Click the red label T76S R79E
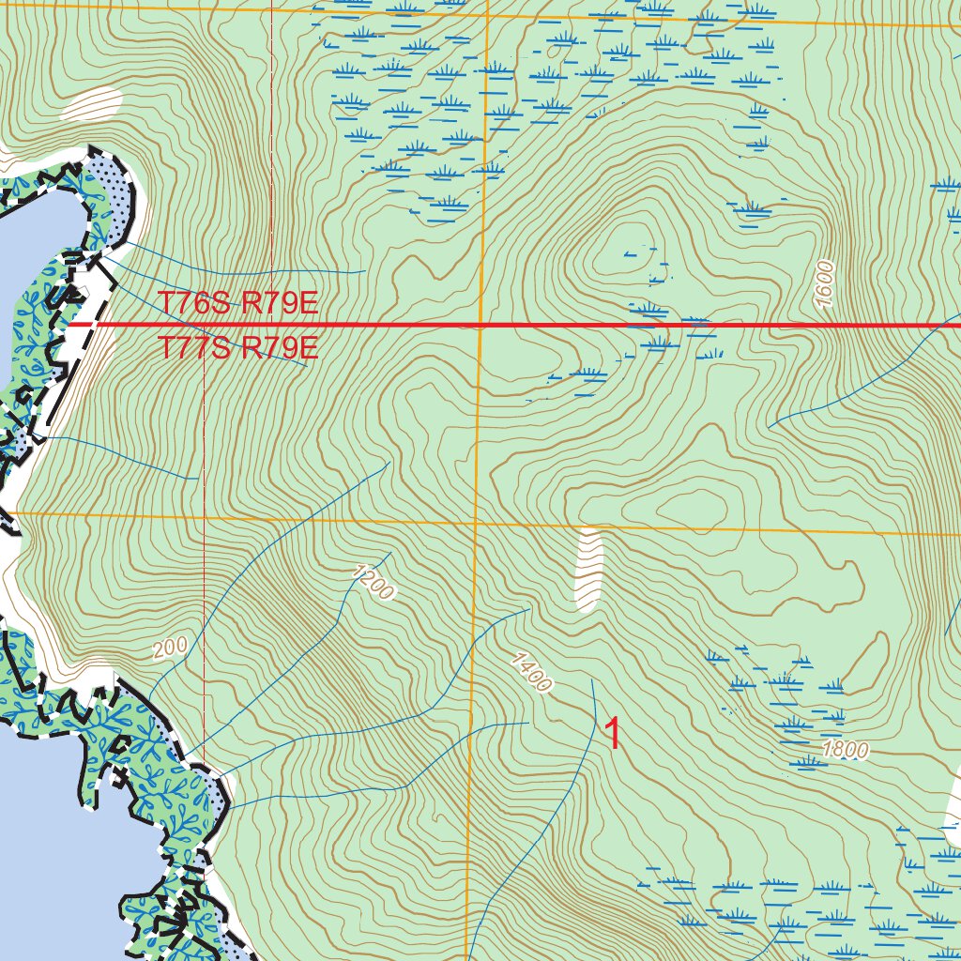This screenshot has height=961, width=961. point(238,304)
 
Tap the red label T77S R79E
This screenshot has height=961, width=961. point(238,349)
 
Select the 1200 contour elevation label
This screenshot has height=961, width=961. point(374,582)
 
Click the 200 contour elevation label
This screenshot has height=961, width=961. point(170,648)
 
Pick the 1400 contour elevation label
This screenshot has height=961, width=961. point(530,673)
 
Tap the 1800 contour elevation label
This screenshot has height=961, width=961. point(845,750)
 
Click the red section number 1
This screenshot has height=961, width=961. point(613,735)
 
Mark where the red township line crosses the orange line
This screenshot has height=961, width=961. point(480,326)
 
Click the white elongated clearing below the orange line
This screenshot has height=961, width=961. point(587,570)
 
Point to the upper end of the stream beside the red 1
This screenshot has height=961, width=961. point(593,681)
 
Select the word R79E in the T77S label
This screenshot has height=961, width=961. point(281,349)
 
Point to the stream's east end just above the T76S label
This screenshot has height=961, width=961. point(364,272)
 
